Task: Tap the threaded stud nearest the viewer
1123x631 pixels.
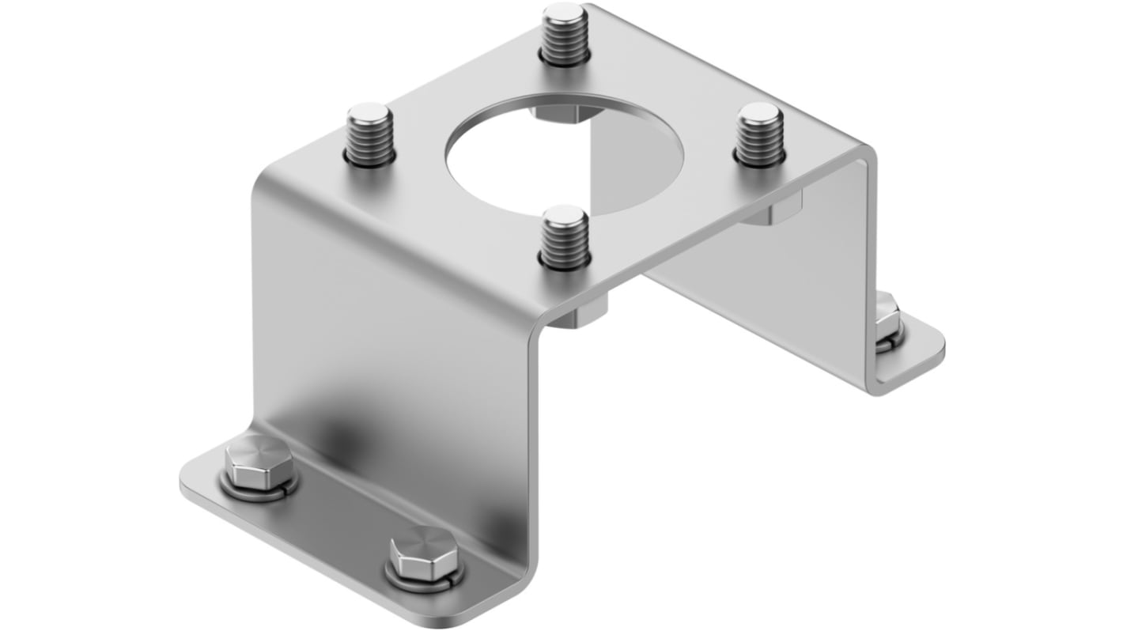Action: click(564, 236)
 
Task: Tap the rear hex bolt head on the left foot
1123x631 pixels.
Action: click(258, 461)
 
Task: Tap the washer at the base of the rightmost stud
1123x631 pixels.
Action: click(759, 158)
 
